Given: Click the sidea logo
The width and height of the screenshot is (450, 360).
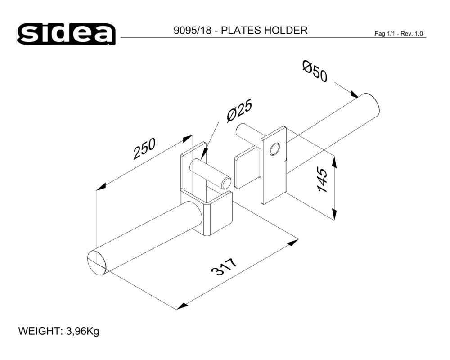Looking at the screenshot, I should click(x=67, y=34).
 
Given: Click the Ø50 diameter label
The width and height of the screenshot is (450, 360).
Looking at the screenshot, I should click(x=315, y=72).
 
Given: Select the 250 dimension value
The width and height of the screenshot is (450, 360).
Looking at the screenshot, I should click(x=144, y=148).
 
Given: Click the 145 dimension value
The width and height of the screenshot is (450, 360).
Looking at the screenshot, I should click(x=324, y=180).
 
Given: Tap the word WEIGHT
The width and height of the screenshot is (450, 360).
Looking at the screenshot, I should click(x=39, y=332).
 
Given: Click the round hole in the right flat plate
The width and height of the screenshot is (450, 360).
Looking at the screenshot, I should click(x=274, y=148).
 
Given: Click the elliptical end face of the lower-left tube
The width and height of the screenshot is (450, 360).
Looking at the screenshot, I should click(x=97, y=262).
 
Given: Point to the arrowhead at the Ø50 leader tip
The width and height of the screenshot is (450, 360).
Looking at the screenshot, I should click(x=354, y=94).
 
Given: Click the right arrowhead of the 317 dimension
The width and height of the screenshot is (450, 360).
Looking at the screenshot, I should click(x=293, y=243).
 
